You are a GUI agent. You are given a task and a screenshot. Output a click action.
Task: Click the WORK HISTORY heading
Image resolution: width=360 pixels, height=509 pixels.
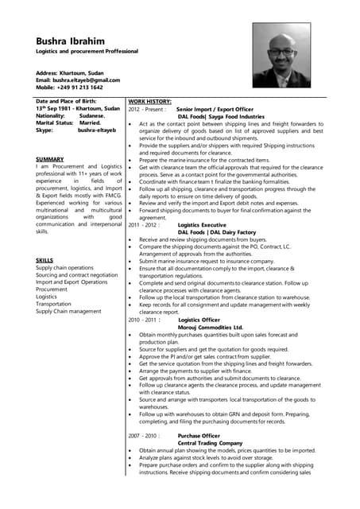pyautogui.click(x=149, y=102)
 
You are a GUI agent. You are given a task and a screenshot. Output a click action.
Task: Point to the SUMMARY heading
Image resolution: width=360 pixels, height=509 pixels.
pyautogui.click(x=49, y=160)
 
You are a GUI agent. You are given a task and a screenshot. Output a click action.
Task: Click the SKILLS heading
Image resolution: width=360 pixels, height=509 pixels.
pyautogui.click(x=45, y=261)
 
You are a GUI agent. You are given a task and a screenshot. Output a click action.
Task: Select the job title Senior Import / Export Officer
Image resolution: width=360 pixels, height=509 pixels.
pyautogui.click(x=215, y=109)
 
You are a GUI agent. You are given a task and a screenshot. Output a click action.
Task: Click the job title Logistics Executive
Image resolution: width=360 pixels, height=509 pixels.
pyautogui.click(x=202, y=225)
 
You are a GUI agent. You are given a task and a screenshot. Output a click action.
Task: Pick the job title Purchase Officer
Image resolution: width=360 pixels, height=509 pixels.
pyautogui.click(x=199, y=436)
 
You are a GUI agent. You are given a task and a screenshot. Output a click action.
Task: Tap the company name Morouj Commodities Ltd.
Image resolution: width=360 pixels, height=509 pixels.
pyautogui.click(x=211, y=327)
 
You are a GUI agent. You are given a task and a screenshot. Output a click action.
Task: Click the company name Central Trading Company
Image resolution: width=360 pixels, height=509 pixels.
pyautogui.click(x=210, y=443)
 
